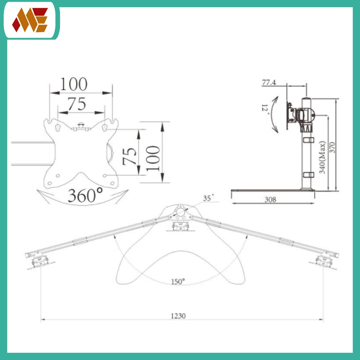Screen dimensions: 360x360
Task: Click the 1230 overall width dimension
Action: pyautogui.click(x=178, y=316)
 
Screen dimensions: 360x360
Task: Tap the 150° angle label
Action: pyautogui.click(x=178, y=282)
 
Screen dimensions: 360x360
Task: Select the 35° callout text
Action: pyautogui.click(x=208, y=198)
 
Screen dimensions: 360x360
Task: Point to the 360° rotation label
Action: pyautogui.click(x=85, y=195)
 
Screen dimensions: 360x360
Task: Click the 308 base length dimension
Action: pyautogui.click(x=270, y=200)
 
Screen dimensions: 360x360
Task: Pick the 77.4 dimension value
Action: pyautogui.click(x=269, y=82)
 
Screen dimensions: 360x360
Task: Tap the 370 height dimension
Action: pyautogui.click(x=332, y=148)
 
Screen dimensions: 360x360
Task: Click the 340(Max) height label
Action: pyautogui.click(x=322, y=157)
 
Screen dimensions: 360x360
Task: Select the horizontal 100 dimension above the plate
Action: pyautogui.click(x=74, y=84)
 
